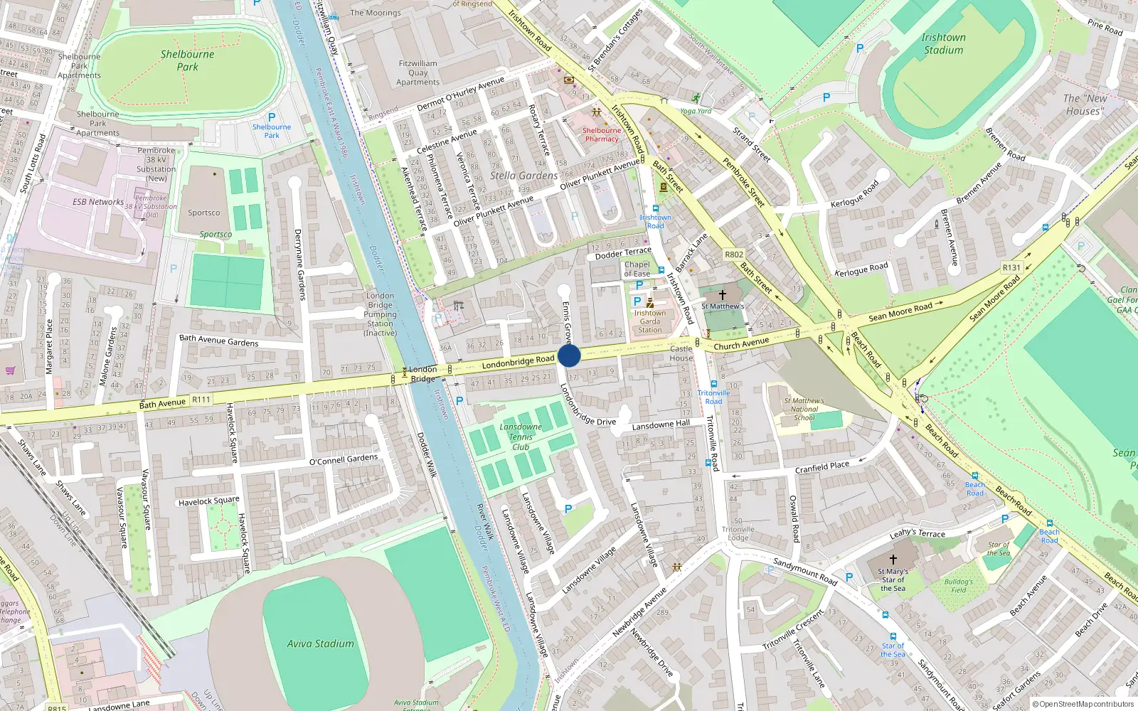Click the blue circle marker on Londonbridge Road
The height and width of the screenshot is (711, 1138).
pos(569,355)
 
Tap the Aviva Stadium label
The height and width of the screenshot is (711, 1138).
pos(320,643)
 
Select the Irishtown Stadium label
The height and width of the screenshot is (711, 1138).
pos(943,43)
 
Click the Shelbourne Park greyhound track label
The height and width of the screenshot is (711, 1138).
pos(187,60)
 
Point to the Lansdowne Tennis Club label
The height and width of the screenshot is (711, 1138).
pos(521,437)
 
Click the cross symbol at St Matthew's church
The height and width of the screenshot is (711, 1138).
pos(723,294)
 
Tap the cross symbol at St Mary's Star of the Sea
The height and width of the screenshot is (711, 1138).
pos(893,559)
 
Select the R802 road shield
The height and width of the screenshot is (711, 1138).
pos(734,255)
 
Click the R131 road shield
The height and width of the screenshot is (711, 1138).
pos(1011,267)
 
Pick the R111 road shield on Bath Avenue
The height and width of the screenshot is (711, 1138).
pos(201,400)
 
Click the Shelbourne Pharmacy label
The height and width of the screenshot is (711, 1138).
pos(602,134)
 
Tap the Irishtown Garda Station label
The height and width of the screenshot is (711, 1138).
pos(649,321)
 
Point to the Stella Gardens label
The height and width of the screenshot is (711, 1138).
pos(523,176)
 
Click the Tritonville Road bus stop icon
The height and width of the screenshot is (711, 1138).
pos(713,384)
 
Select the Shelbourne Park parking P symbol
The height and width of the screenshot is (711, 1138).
pos(271,117)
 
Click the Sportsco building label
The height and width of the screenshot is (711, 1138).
pos(204,213)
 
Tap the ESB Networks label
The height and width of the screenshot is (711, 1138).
pos(97,202)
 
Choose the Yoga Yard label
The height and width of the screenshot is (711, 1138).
pos(696,111)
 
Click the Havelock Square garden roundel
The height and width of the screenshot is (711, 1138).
pos(223,527)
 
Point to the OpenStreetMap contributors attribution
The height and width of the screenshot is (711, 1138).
pos(1083,704)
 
